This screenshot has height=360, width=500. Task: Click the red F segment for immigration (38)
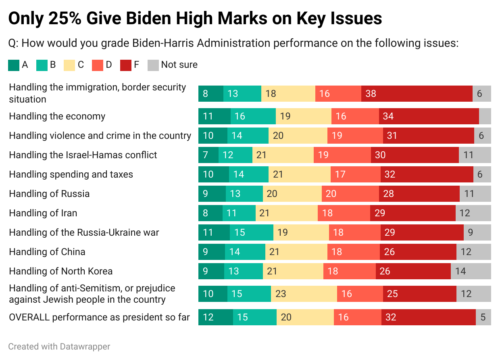click(x=417, y=94)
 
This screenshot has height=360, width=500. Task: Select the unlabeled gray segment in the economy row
click(x=485, y=116)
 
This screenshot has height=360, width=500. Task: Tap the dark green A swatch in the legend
click(x=14, y=65)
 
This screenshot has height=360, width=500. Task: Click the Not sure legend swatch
click(x=154, y=65)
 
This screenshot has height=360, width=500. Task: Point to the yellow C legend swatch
click(x=70, y=65)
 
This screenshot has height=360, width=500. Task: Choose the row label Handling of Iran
click(x=43, y=213)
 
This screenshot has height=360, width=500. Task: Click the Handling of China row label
click(x=47, y=252)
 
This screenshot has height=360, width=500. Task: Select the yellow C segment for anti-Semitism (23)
click(x=304, y=294)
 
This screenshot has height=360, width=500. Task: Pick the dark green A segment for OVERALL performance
click(x=215, y=317)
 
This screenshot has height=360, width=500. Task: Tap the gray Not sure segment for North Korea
click(x=471, y=271)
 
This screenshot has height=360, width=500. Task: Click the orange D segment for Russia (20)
click(x=350, y=194)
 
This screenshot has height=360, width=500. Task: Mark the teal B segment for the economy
click(x=253, y=116)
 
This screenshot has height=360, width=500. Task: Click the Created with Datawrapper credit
click(x=59, y=346)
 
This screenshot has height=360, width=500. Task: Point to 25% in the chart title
click(x=65, y=19)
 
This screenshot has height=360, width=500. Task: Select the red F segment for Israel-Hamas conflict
click(x=415, y=155)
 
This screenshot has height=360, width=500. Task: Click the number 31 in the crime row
click(x=392, y=136)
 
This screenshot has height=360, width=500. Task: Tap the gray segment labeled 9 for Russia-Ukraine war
click(x=477, y=232)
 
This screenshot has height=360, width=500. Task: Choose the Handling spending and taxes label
click(x=71, y=174)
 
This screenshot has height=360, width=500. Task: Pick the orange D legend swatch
click(x=98, y=65)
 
